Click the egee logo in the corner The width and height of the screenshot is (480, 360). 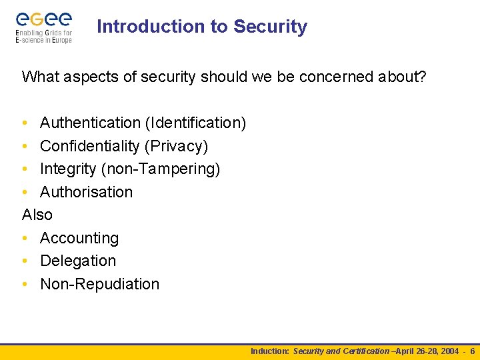point(43,27)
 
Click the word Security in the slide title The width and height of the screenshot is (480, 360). point(270,27)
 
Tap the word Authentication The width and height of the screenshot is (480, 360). point(90,123)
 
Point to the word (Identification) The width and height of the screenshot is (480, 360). point(195,123)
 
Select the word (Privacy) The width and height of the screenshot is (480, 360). point(175,146)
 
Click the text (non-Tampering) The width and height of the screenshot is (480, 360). point(161,169)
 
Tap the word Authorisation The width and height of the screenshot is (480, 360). point(86,192)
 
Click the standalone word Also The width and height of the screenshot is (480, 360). point(37,215)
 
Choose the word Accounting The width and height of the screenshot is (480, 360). point(79,238)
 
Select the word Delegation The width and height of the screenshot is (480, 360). point(78,261)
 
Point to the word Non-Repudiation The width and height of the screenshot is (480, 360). point(100,284)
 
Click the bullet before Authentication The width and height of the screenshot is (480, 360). point(25,123)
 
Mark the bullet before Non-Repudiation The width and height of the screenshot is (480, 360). point(25,284)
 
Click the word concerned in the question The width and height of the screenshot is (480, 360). point(337,77)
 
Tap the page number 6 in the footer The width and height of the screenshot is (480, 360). point(472,351)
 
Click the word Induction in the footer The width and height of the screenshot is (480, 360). point(269,351)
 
